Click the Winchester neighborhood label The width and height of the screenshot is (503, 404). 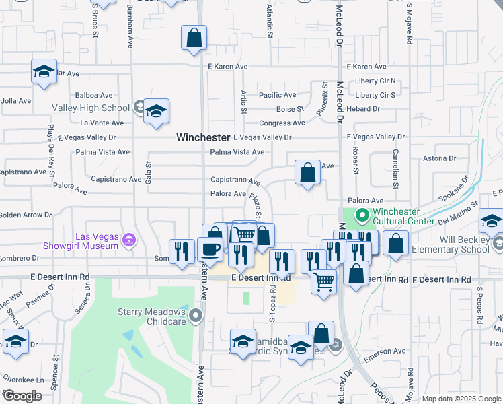(x=203, y=137)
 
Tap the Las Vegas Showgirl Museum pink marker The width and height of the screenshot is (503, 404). (x=130, y=240)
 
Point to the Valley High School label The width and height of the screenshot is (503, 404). (x=91, y=108)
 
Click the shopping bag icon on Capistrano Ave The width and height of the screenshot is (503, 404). (x=307, y=173)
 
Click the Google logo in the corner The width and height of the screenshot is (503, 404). (x=22, y=396)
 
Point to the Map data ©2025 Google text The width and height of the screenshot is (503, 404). (x=461, y=399)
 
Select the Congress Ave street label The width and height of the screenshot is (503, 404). (x=282, y=123)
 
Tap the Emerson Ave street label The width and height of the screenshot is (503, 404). (x=386, y=351)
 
